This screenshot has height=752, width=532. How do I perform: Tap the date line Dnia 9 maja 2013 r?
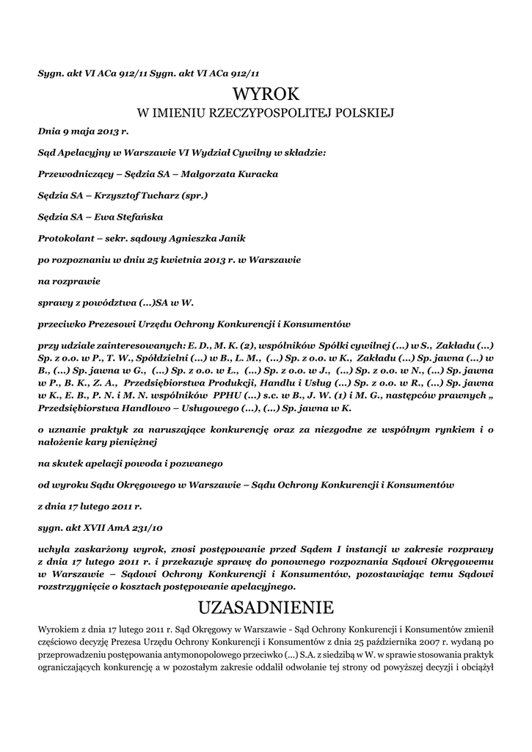pos(83,132)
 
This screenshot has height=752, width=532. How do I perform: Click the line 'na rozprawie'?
pos(69,281)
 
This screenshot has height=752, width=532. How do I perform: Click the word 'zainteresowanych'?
pos(139,345)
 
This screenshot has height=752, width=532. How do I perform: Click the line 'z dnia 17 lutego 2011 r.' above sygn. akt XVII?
pos(90,506)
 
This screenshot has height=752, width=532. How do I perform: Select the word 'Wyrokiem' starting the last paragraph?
pos(59,629)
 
